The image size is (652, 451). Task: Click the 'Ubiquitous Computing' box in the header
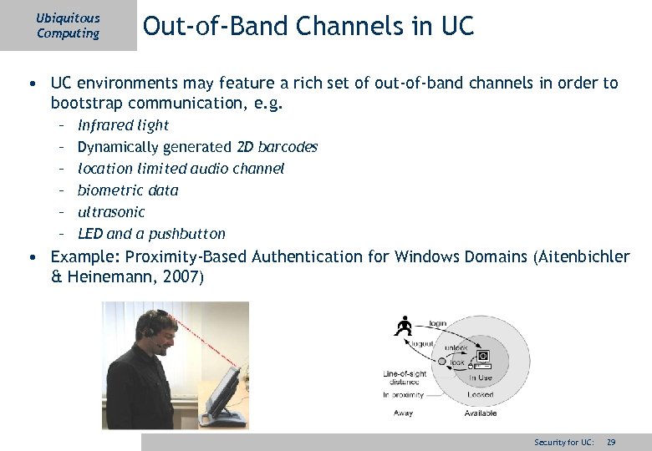coord(68,25)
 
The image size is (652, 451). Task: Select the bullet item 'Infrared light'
coord(123,125)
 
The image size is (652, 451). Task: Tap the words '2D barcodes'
coord(278,147)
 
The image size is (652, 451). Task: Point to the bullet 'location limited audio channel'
coord(181,169)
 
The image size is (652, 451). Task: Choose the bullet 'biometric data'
coord(128,190)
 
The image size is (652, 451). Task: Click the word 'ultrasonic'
coord(111,212)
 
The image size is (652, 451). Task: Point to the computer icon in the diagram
coord(482,358)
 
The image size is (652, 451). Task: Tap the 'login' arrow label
coord(438,323)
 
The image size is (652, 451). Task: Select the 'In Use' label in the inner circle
coord(481,378)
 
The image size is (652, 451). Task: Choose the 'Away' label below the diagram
coord(403,413)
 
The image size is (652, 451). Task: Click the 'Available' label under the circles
coord(481,413)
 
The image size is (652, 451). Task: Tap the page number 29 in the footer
coord(611,442)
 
